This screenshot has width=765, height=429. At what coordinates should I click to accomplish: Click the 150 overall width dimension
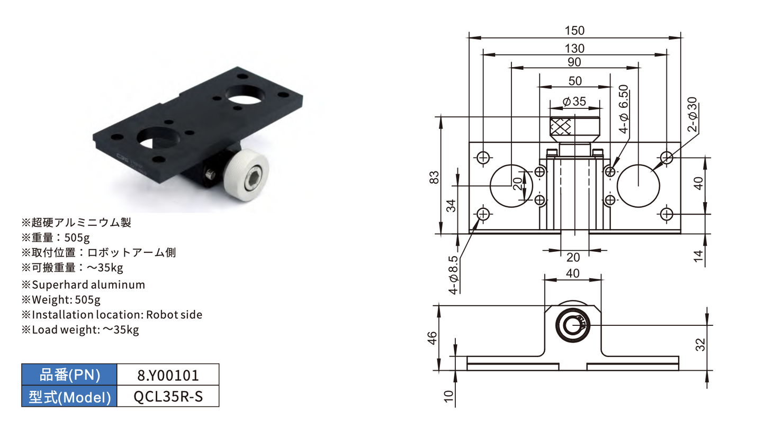[574, 31]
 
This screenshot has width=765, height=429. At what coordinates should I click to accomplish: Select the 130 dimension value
[574, 49]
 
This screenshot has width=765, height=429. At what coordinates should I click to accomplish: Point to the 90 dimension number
[574, 62]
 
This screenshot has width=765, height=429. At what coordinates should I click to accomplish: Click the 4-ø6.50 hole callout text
[623, 109]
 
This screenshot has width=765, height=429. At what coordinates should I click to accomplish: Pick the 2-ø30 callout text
[692, 114]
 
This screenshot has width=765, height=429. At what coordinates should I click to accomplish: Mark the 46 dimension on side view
[432, 338]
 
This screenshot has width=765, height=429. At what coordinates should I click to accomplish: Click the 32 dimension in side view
[700, 345]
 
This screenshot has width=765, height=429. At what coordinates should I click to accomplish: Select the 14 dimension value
[699, 256]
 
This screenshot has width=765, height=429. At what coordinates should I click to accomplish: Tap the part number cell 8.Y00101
[168, 376]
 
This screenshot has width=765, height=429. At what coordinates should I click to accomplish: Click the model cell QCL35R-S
[168, 397]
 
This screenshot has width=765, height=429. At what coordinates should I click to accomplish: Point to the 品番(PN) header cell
[69, 375]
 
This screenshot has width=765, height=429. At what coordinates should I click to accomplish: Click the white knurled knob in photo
[247, 175]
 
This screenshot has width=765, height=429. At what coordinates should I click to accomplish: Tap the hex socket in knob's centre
[253, 178]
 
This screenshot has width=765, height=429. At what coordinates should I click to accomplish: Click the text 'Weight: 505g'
[66, 299]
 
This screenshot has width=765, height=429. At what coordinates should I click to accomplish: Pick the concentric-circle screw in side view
[573, 325]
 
